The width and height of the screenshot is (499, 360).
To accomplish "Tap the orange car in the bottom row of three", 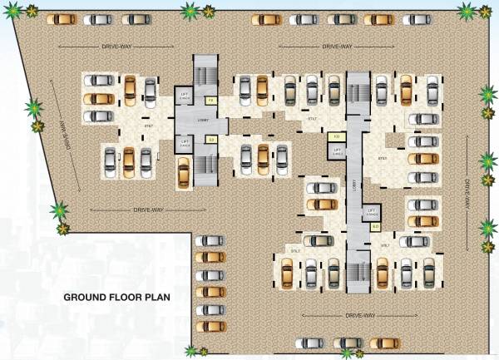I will point(384,343).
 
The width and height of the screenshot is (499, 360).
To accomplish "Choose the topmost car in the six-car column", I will point(210,241).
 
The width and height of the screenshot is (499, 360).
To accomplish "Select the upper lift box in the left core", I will point(186,101).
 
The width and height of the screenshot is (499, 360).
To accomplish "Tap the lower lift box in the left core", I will point(186,144).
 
